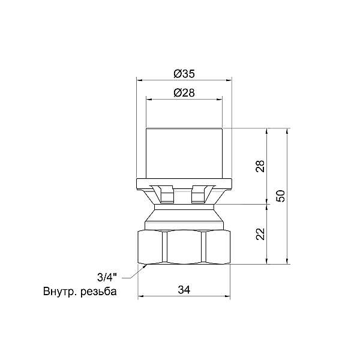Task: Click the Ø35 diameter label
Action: [184, 74]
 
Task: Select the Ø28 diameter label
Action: [184, 93]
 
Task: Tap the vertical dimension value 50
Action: [281, 196]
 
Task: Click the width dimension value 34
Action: [184, 290]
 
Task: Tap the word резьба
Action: [98, 292]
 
